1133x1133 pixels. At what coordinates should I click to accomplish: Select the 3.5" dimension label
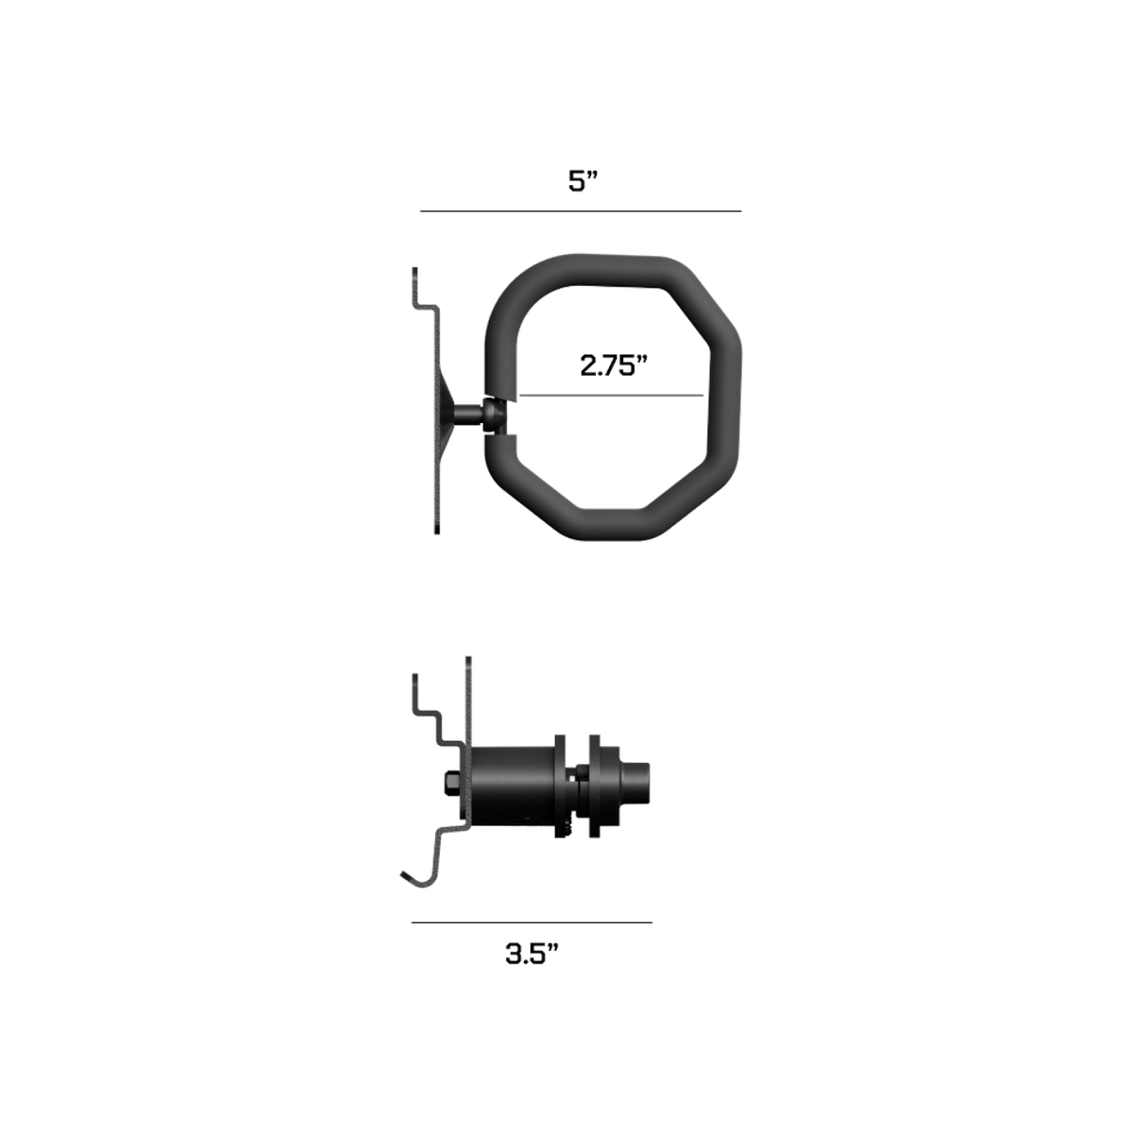click(x=532, y=955)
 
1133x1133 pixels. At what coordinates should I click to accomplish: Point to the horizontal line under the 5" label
click(x=581, y=211)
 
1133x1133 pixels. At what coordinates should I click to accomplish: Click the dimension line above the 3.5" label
click(x=532, y=922)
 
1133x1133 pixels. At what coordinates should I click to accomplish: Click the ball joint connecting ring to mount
click(x=495, y=414)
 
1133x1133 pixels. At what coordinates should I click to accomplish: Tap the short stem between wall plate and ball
click(x=469, y=414)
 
